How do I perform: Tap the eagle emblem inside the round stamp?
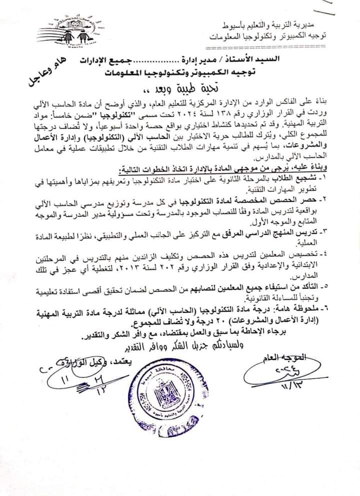[x=167, y=395]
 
